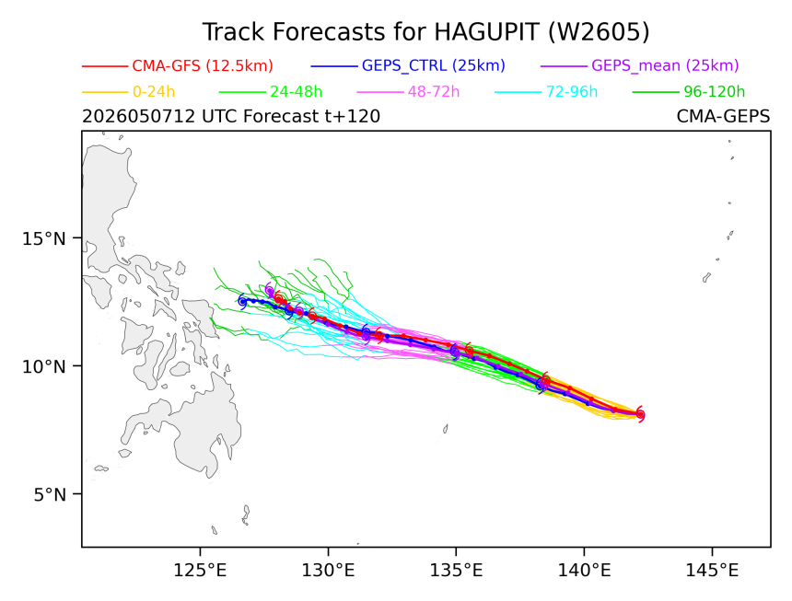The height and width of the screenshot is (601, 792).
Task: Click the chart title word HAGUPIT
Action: click(486, 32)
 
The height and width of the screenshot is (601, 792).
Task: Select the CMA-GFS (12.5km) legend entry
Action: click(203, 65)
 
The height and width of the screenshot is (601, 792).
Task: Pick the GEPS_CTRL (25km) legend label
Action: click(434, 65)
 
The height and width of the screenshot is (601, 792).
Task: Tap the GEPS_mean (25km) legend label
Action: click(665, 65)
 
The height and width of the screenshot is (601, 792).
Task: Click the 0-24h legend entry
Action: click(154, 92)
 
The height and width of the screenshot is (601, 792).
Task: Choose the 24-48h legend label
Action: click(296, 92)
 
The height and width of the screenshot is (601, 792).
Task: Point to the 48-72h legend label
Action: click(434, 92)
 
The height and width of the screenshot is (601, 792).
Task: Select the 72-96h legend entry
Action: click(572, 92)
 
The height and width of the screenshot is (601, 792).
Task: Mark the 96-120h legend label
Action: click(715, 92)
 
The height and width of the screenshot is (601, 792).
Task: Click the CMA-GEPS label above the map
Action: click(723, 117)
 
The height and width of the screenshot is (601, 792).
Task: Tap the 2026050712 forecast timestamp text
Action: click(138, 117)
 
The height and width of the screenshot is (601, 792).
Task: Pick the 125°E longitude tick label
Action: click(201, 571)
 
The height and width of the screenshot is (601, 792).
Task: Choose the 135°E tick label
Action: click(456, 571)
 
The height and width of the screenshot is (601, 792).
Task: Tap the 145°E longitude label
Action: click(712, 571)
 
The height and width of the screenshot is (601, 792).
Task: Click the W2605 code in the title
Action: click(599, 32)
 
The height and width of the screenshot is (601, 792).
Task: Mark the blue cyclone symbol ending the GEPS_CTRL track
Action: click(242, 301)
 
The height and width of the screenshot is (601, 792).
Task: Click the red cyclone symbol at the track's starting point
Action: click(640, 414)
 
